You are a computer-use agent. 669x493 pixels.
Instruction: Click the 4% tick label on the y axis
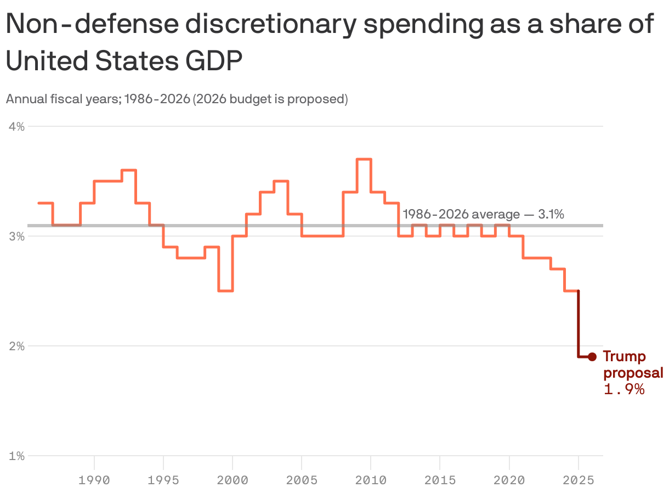click(x=17, y=127)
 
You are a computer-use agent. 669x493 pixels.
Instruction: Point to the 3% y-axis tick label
click(x=17, y=237)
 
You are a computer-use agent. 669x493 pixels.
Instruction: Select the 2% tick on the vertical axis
click(x=17, y=346)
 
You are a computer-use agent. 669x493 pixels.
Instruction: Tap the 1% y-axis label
click(x=17, y=456)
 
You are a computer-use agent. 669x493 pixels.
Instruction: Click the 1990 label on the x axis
click(x=94, y=480)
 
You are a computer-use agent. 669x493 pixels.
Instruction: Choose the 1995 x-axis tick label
click(x=163, y=480)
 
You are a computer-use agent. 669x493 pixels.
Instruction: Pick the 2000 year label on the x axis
click(x=233, y=480)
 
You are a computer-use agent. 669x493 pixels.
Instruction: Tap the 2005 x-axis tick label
click(x=302, y=480)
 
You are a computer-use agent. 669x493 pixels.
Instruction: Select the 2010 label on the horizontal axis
click(x=371, y=480)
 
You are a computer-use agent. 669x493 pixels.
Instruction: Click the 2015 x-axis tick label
click(x=440, y=480)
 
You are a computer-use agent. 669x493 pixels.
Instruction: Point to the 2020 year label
click(x=509, y=480)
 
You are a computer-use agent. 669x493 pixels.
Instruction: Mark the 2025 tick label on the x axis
click(x=578, y=480)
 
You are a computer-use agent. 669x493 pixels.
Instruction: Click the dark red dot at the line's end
click(x=592, y=357)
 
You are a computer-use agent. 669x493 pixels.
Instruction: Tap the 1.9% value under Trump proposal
click(x=623, y=390)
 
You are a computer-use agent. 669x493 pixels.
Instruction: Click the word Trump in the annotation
click(x=624, y=357)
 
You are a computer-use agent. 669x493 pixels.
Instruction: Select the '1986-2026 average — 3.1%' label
click(x=483, y=214)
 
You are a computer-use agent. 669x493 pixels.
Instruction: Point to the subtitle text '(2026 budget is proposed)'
click(x=270, y=99)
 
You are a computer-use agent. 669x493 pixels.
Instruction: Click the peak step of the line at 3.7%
click(x=364, y=159)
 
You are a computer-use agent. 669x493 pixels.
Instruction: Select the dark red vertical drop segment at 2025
click(x=578, y=324)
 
